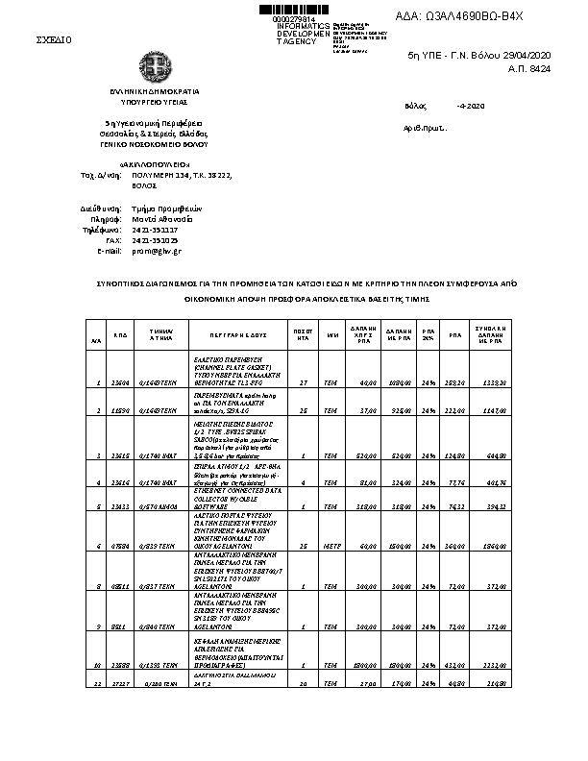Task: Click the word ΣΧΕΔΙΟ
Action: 54,39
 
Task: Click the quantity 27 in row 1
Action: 303,382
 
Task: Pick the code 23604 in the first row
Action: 121,382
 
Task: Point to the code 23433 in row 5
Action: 121,505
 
